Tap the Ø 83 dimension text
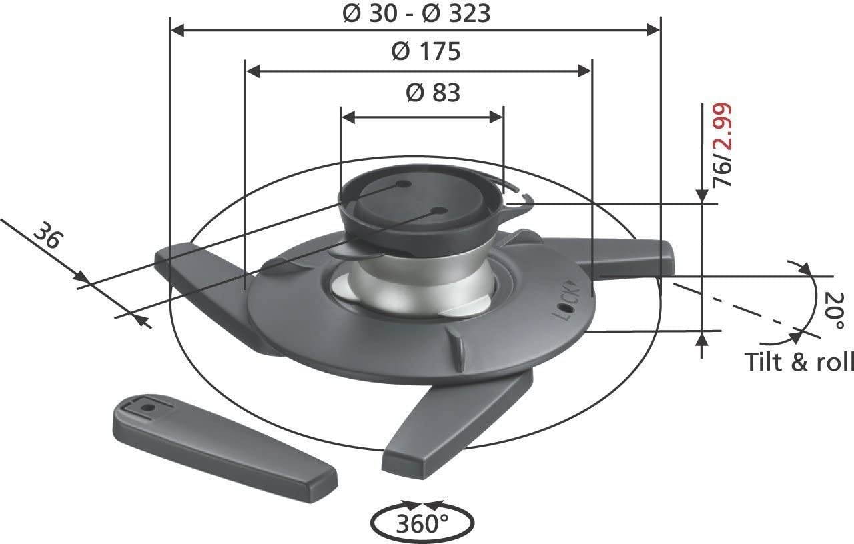pyautogui.click(x=433, y=93)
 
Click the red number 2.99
pyautogui.click(x=723, y=129)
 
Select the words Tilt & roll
pyautogui.click(x=799, y=361)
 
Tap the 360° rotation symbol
pyautogui.click(x=422, y=523)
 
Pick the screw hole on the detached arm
pyautogui.click(x=148, y=405)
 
